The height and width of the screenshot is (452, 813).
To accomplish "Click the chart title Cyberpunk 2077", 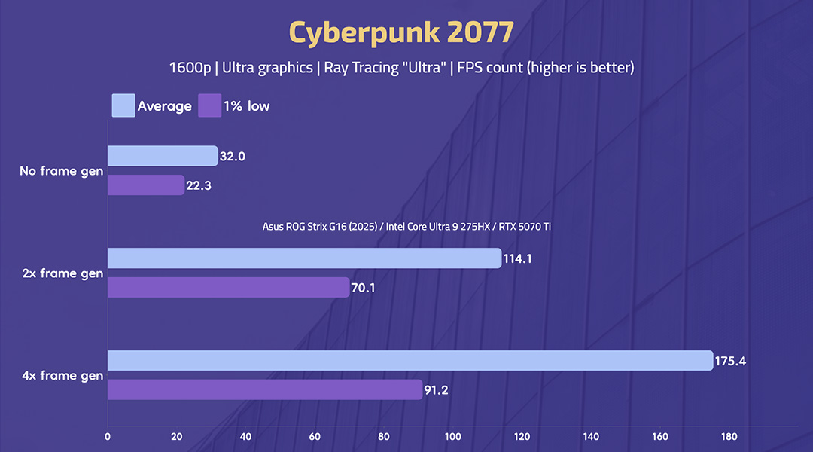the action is pyautogui.click(x=401, y=32).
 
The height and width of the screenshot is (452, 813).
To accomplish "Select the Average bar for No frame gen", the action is pyautogui.click(x=162, y=156).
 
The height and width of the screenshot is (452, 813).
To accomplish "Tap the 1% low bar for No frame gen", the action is pyautogui.click(x=146, y=185).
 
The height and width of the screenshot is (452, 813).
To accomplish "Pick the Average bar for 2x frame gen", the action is pyautogui.click(x=304, y=258).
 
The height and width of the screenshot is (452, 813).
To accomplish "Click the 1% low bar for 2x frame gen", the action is pyautogui.click(x=228, y=287).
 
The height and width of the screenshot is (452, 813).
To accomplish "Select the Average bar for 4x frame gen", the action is pyautogui.click(x=410, y=360).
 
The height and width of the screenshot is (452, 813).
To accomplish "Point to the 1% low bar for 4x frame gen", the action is pyautogui.click(x=264, y=389).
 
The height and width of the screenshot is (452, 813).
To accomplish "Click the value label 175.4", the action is pyautogui.click(x=731, y=361).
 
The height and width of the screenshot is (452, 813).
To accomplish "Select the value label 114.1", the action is pyautogui.click(x=519, y=259).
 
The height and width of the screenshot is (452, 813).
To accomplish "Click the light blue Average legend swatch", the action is pyautogui.click(x=123, y=105).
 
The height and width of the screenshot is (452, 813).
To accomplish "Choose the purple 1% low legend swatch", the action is pyautogui.click(x=209, y=105).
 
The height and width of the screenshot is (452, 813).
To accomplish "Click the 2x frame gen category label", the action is pyautogui.click(x=62, y=273).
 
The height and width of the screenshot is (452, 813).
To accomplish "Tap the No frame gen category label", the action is pyautogui.click(x=61, y=171).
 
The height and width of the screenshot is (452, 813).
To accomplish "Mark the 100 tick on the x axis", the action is pyautogui.click(x=452, y=436).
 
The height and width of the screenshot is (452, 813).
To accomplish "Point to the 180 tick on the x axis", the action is pyautogui.click(x=729, y=436).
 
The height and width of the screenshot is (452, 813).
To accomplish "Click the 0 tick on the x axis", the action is pyautogui.click(x=108, y=436).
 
